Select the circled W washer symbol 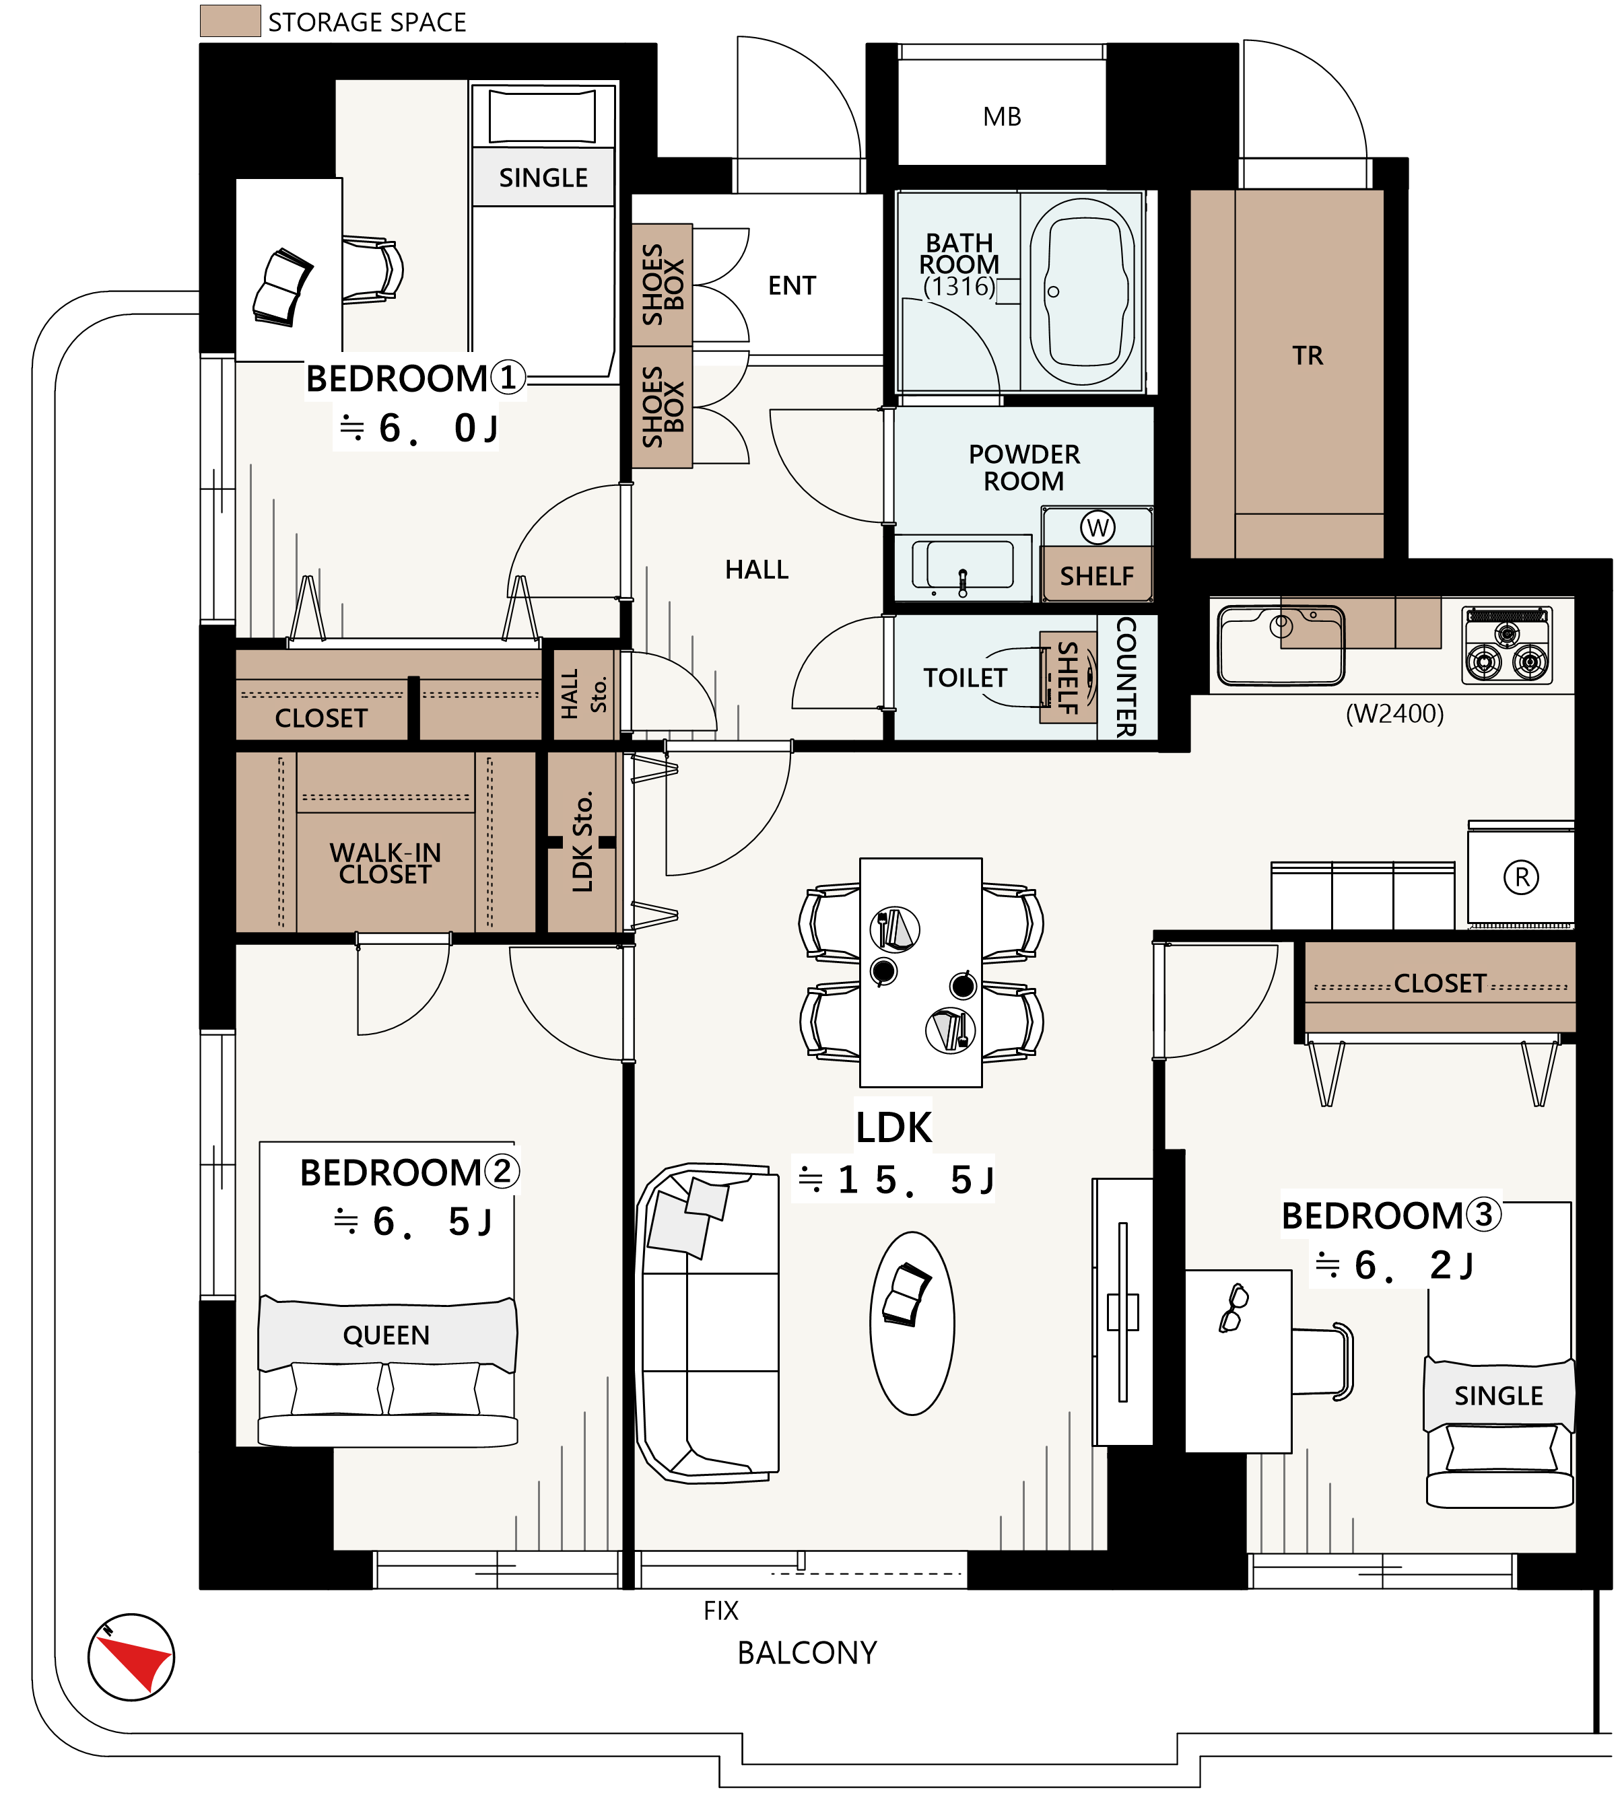[x=1097, y=528]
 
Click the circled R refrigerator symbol [x=1521, y=878]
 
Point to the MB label [x=1002, y=116]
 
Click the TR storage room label [x=1308, y=355]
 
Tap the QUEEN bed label [x=386, y=1335]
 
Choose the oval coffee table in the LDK [x=912, y=1323]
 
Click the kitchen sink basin [x=1281, y=645]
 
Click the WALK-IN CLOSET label [x=385, y=863]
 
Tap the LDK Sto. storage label [x=582, y=842]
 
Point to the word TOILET [x=964, y=678]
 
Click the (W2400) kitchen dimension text [x=1394, y=713]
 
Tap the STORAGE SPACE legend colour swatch [x=230, y=20]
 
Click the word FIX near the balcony [x=721, y=1611]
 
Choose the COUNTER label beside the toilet [x=1126, y=677]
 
